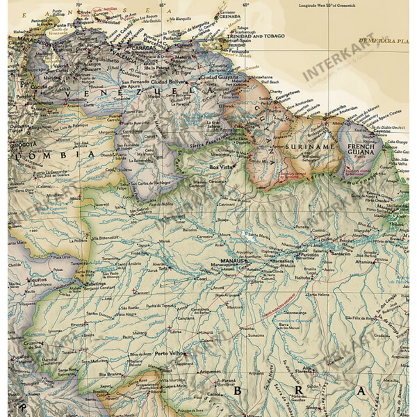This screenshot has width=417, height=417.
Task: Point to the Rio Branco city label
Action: [111, 375]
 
